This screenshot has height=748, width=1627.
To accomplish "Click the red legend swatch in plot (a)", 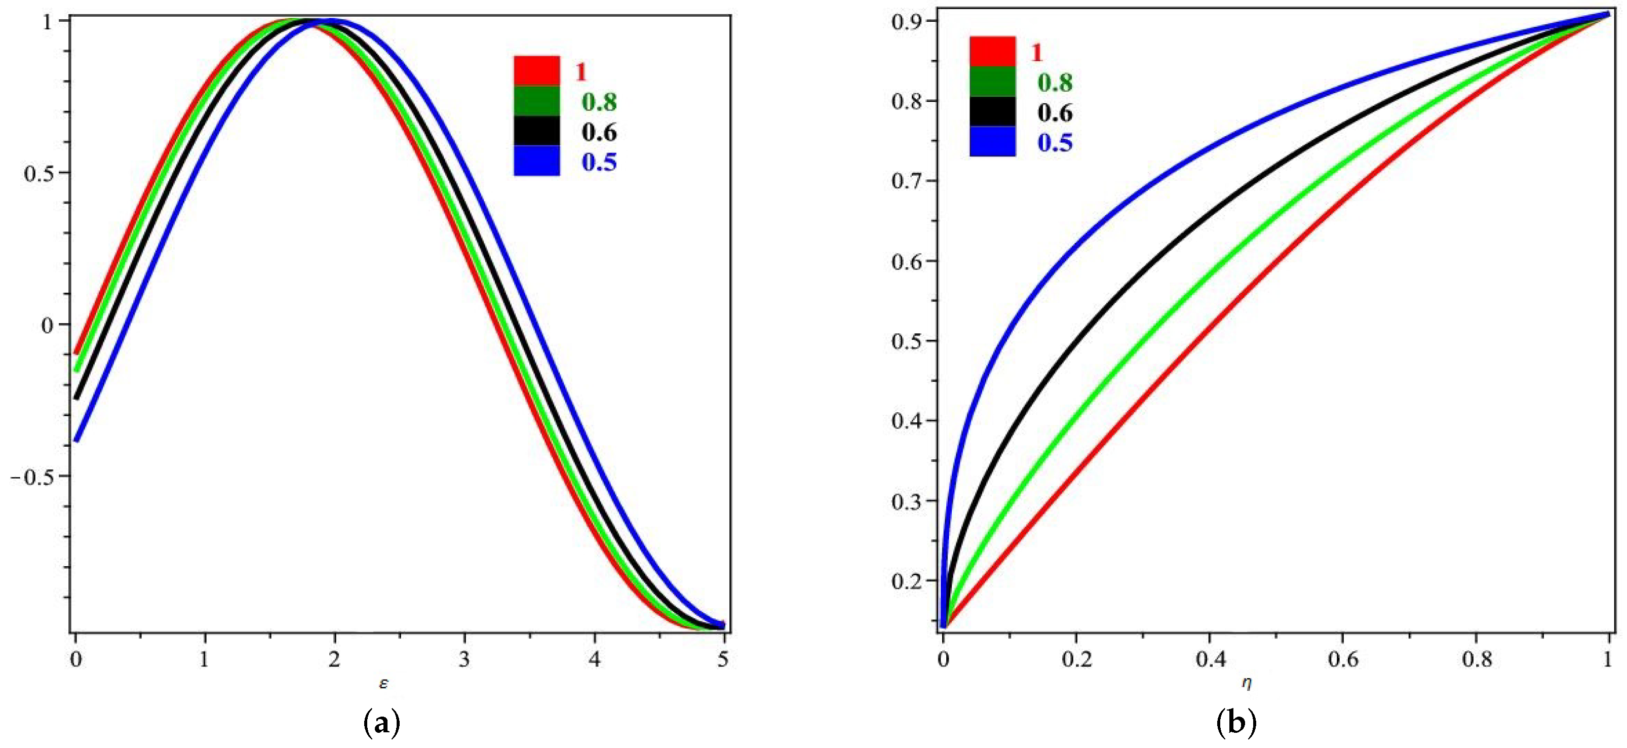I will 536,71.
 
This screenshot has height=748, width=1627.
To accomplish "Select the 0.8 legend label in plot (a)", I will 599,102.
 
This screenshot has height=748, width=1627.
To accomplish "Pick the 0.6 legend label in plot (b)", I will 1055,112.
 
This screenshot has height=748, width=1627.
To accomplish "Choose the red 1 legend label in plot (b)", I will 1036,52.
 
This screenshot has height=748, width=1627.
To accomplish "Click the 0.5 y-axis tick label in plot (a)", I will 39,173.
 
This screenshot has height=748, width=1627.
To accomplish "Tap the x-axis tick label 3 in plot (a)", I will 464,660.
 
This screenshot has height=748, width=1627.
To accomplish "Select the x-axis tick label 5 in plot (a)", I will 723,660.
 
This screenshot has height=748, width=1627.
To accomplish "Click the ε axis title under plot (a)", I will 383,683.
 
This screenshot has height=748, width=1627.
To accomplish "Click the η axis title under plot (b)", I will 1246,683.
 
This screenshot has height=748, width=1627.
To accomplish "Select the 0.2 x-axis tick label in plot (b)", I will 1076,660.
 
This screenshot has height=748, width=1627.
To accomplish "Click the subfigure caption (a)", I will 382,723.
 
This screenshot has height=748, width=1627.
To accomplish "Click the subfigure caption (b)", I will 1236,723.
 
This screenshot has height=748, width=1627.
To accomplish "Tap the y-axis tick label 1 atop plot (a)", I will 47,21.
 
